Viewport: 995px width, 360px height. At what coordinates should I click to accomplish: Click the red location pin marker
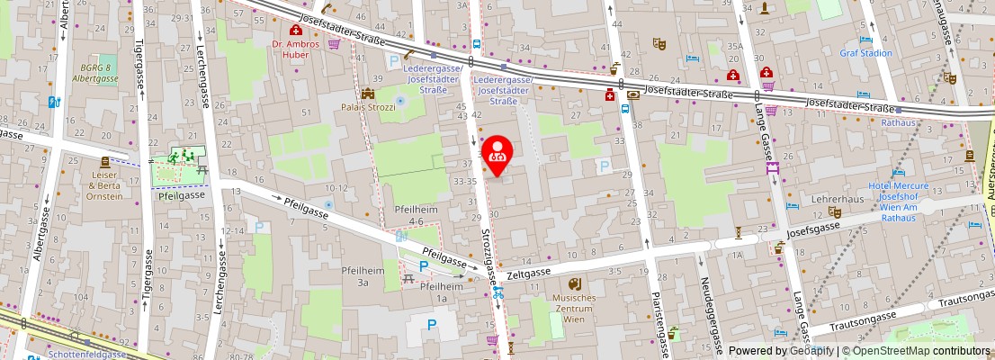pos(497,154)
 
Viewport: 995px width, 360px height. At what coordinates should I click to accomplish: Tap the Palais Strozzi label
pos(368,108)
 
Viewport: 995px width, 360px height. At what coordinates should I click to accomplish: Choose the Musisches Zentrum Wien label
pos(574,309)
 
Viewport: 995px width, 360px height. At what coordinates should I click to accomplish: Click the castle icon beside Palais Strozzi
pos(367,94)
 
